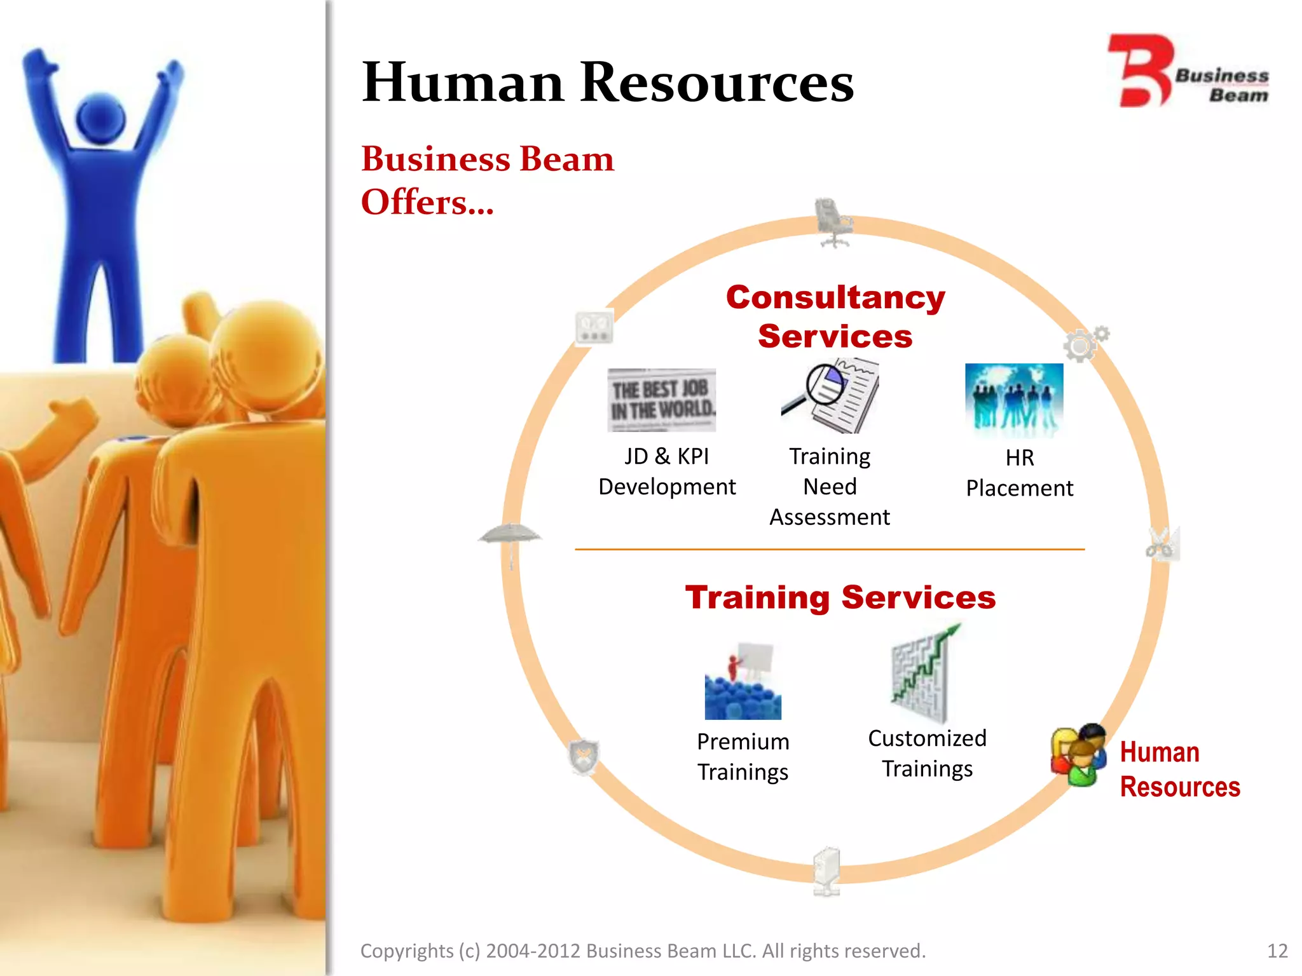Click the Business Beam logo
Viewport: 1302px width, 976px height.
click(1188, 71)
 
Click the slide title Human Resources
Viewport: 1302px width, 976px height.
click(607, 82)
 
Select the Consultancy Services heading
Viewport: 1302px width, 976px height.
click(835, 316)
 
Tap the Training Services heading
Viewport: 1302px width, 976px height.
click(840, 597)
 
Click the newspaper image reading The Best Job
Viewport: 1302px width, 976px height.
click(662, 400)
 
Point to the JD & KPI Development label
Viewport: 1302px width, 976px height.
click(667, 471)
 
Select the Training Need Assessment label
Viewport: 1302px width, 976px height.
click(830, 487)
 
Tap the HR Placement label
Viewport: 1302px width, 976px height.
click(1019, 473)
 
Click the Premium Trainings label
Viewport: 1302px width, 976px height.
click(743, 757)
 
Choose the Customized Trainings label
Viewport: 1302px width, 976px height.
click(927, 754)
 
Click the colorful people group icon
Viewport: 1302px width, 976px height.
click(1079, 754)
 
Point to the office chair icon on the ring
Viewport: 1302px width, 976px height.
click(832, 222)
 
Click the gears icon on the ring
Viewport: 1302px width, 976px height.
click(1085, 343)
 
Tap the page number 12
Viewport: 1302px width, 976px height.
click(1277, 951)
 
